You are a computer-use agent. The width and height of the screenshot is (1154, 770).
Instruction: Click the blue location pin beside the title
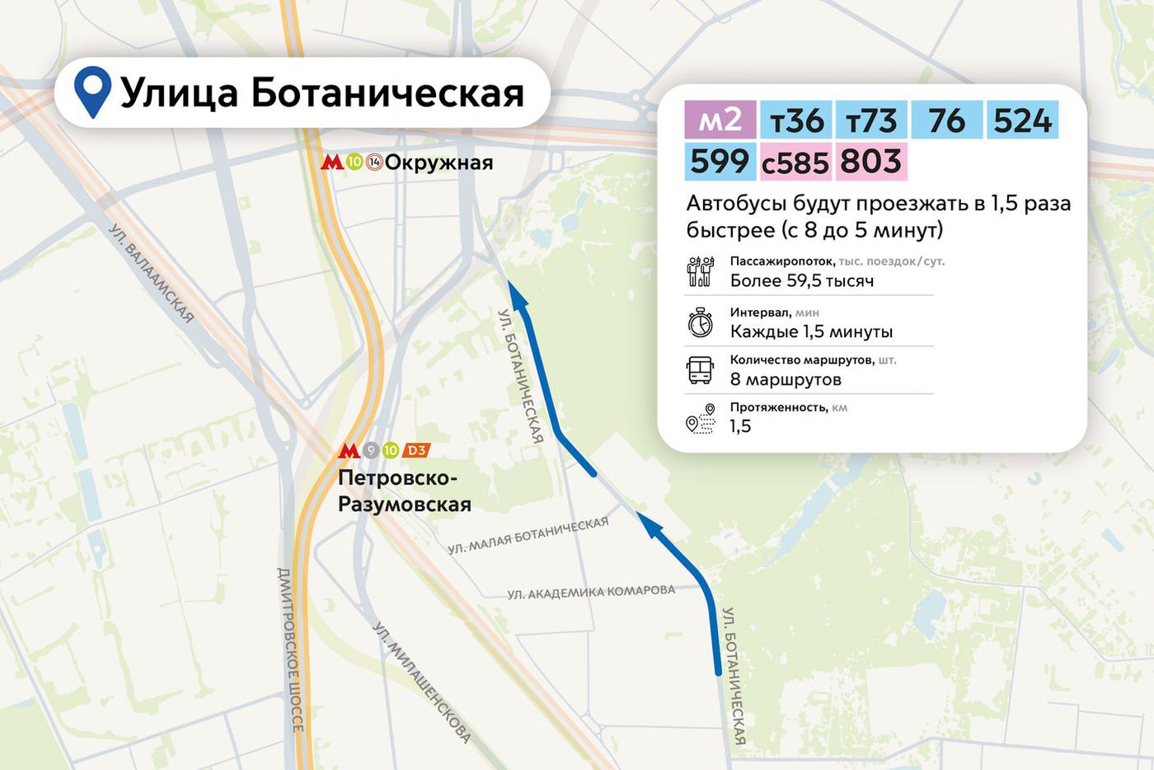point(92,91)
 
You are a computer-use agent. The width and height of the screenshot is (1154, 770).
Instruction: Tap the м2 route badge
point(720,120)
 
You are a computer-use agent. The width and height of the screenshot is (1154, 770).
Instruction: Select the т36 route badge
point(795,120)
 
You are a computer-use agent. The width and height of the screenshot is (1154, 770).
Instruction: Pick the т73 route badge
point(871,120)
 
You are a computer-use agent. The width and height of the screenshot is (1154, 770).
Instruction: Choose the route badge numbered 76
point(946,120)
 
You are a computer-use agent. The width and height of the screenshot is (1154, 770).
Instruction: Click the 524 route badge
point(1022,120)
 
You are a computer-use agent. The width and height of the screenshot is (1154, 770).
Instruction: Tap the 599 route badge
point(720,162)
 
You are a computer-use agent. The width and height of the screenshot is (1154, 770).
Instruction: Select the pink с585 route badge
point(795,162)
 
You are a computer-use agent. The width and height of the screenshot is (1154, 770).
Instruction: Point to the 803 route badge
point(871,162)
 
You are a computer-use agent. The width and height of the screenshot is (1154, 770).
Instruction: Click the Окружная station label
point(439,162)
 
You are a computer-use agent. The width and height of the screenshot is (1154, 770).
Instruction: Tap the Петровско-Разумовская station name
point(405,491)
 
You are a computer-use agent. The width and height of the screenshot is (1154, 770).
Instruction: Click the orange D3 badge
point(416,451)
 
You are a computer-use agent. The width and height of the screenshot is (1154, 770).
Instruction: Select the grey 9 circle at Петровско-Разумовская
point(371,451)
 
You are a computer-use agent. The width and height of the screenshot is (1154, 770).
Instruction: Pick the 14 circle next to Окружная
point(374,162)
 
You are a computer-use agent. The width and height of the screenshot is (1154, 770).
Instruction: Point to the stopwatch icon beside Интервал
point(700,322)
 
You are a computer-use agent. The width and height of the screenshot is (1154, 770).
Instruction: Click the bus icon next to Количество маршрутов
point(700,370)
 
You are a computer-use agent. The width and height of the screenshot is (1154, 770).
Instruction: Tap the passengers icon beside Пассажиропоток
point(700,271)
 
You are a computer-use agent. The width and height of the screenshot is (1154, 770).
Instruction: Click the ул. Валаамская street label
point(152,273)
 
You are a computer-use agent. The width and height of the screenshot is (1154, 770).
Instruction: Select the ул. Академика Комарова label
point(591,592)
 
